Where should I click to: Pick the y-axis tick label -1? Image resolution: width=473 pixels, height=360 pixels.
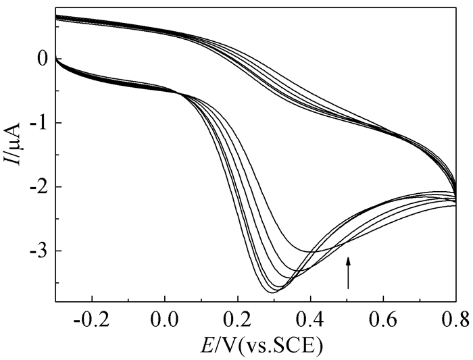[39, 123]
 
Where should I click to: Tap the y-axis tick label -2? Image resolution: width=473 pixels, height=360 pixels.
[39, 187]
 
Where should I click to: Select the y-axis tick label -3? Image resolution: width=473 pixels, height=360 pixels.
[39, 251]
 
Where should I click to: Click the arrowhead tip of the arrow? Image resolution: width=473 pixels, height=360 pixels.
[349, 257]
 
